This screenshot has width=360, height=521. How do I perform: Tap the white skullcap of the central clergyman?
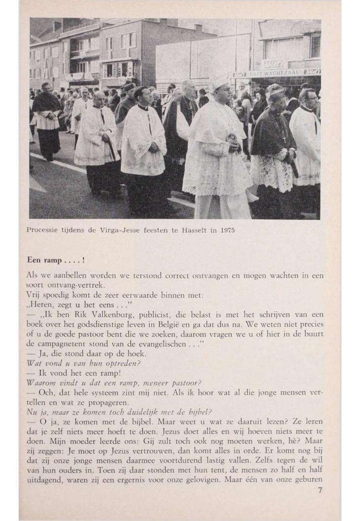coord(219,82)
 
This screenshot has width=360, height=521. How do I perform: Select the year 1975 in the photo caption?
coord(227,230)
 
